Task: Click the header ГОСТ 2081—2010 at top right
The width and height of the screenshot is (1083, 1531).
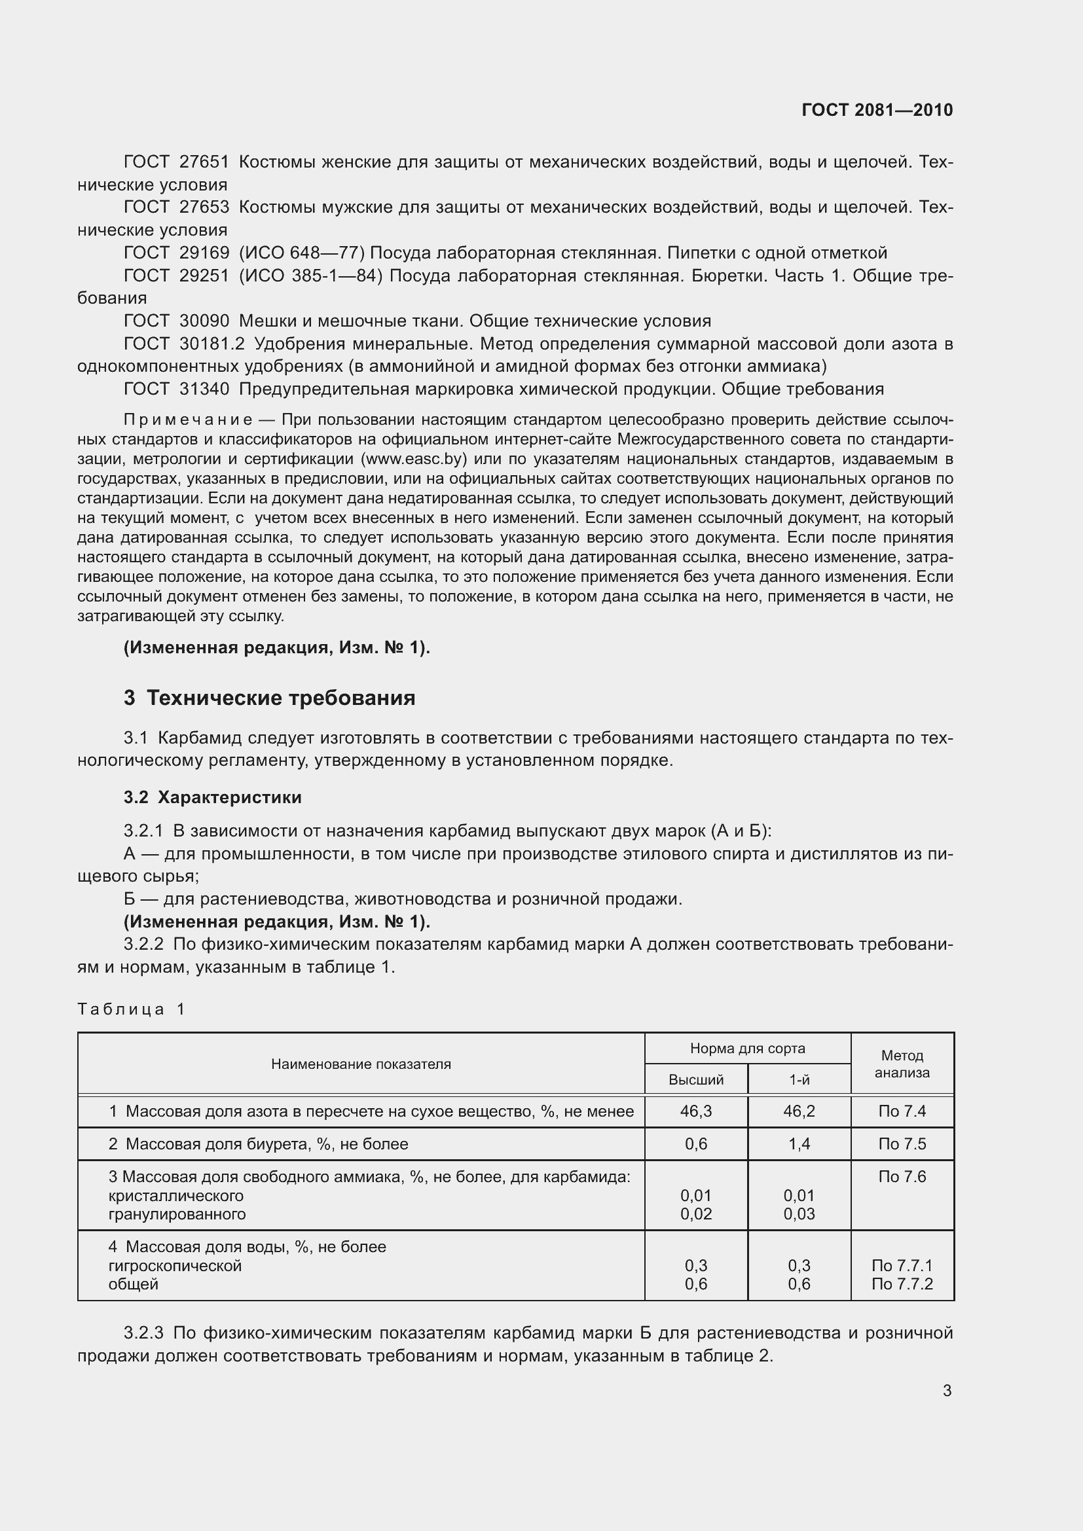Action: (x=877, y=110)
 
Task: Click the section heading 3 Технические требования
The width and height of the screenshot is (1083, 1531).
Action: (x=269, y=698)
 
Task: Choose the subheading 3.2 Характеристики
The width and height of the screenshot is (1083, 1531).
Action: (x=213, y=797)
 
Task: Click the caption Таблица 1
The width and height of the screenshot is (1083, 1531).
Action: (x=131, y=1009)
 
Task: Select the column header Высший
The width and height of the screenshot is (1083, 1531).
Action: (x=695, y=1079)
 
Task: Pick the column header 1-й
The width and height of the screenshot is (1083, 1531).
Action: (x=799, y=1079)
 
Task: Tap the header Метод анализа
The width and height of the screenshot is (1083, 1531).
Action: (x=902, y=1064)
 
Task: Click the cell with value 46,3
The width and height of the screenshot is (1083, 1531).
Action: (x=695, y=1111)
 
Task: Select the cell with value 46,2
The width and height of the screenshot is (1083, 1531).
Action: (x=799, y=1111)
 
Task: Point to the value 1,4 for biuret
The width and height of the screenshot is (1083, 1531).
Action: (x=799, y=1144)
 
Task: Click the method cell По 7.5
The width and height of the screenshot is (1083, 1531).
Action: (x=902, y=1144)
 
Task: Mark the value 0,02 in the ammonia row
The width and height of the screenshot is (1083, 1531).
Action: (x=695, y=1214)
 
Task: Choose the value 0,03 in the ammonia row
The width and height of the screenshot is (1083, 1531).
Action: (x=799, y=1214)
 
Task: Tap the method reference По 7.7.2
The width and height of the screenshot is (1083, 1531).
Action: (x=902, y=1284)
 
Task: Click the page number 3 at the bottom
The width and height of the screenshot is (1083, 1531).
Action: (x=946, y=1391)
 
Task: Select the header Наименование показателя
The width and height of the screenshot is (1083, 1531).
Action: (x=361, y=1064)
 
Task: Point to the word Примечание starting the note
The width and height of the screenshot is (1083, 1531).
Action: (x=188, y=420)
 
